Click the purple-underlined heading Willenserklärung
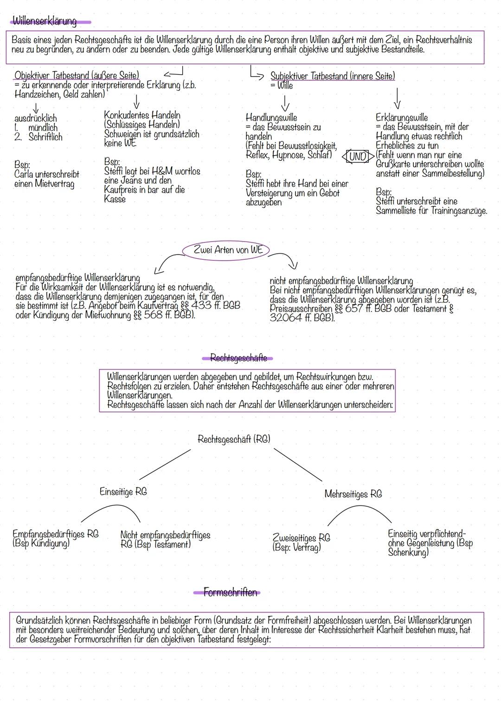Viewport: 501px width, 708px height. [x=45, y=21]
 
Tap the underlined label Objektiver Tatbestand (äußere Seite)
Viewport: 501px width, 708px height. [x=77, y=75]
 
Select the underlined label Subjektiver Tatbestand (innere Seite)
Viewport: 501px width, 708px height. [x=332, y=76]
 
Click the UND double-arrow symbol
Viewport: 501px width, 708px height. [x=358, y=156]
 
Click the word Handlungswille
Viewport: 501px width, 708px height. [x=271, y=118]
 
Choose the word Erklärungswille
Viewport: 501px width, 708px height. [x=401, y=118]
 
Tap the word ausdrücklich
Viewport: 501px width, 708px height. [x=35, y=118]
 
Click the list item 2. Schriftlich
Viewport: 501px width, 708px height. [x=39, y=137]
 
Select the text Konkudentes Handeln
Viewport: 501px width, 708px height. [x=142, y=115]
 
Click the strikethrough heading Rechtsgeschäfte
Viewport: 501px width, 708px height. [x=238, y=358]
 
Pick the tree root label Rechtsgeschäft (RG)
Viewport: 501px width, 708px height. [x=234, y=439]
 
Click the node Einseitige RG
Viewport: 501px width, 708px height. [x=123, y=491]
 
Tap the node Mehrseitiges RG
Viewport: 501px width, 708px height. [x=353, y=494]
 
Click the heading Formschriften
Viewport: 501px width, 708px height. [x=230, y=593]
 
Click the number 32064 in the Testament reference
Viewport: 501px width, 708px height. [x=288, y=318]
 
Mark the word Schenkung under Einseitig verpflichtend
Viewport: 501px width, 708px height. [x=408, y=552]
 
